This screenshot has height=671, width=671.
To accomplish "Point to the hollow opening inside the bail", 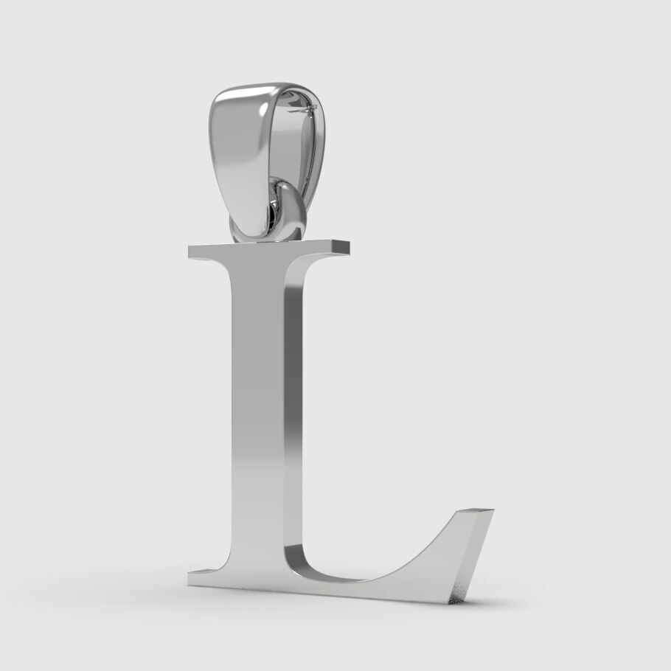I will coord(295,147).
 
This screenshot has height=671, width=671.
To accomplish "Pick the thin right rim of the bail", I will coord(322,147).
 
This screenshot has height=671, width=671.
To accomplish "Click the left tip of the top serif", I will coord(191,251).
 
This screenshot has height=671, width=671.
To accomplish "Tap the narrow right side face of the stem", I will coord(293,413).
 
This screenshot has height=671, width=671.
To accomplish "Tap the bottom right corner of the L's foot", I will coord(450,602).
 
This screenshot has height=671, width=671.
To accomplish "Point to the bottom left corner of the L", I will coord(190,583).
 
